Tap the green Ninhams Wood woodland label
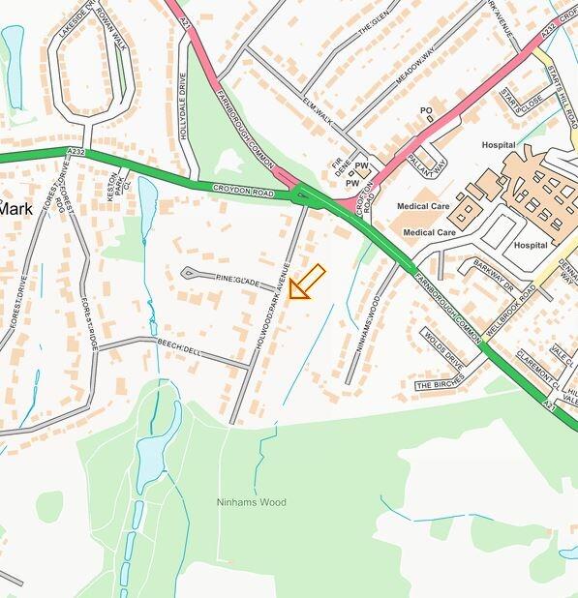pyautogui.click(x=251, y=502)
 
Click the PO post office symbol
pyautogui.click(x=426, y=111)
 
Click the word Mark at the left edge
pyautogui.click(x=15, y=208)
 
